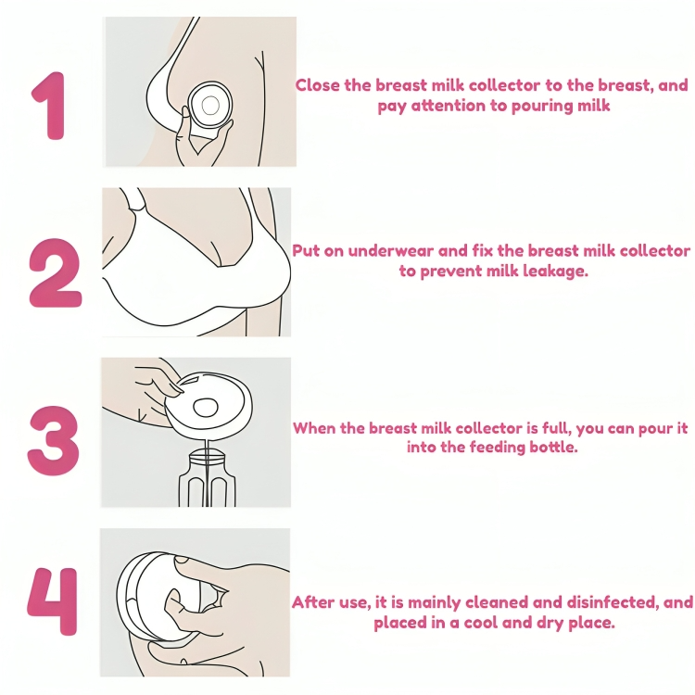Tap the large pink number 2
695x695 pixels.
click(56, 273)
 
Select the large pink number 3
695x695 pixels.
click(53, 441)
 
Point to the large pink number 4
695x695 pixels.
click(53, 601)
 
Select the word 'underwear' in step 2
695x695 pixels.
click(390, 251)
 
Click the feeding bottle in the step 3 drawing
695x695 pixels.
click(207, 478)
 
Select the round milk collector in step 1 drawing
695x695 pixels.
click(209, 105)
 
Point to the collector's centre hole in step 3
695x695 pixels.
click(206, 408)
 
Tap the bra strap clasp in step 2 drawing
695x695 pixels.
click(137, 206)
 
